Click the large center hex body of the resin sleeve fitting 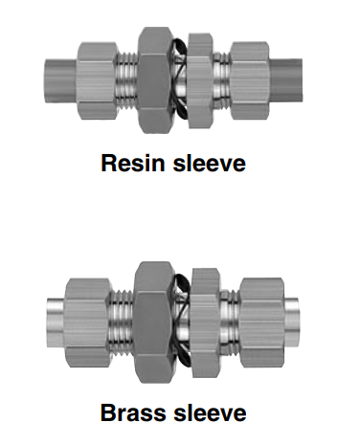pos(154,77)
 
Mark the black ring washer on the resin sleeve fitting pos(179,77)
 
